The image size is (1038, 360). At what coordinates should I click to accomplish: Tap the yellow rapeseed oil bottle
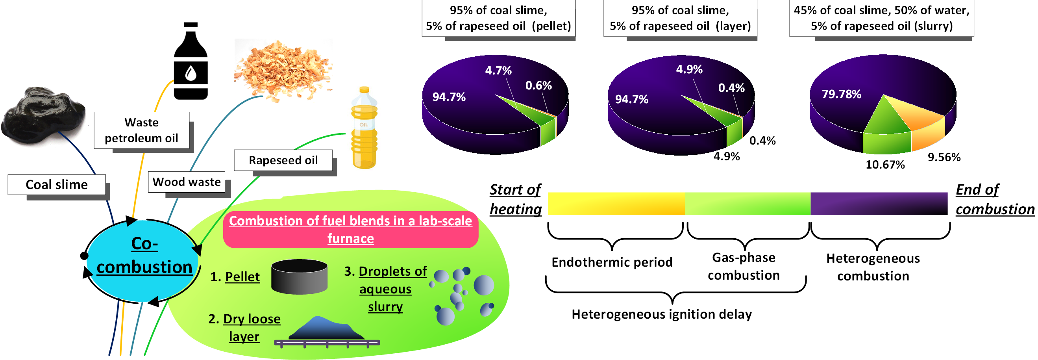pyautogui.click(x=364, y=129)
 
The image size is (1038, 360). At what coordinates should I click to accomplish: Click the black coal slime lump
pyautogui.click(x=42, y=115)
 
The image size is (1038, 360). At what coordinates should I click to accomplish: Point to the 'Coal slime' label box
pyautogui.click(x=57, y=185)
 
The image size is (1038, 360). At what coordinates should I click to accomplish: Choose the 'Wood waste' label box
pyautogui.click(x=187, y=182)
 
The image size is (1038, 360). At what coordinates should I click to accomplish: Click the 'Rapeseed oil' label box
pyautogui.click(x=283, y=160)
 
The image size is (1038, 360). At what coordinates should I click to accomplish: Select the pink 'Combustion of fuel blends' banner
pyautogui.click(x=351, y=229)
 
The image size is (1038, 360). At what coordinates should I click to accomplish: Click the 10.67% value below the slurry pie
pyautogui.click(x=885, y=165)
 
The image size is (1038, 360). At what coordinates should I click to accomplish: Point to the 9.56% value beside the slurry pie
pyautogui.click(x=944, y=157)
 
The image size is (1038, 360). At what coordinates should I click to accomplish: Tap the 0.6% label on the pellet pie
pyautogui.click(x=538, y=85)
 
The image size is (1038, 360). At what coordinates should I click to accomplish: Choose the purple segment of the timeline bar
pyautogui.click(x=879, y=204)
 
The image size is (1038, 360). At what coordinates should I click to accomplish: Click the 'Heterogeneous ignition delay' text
pyautogui.click(x=661, y=314)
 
